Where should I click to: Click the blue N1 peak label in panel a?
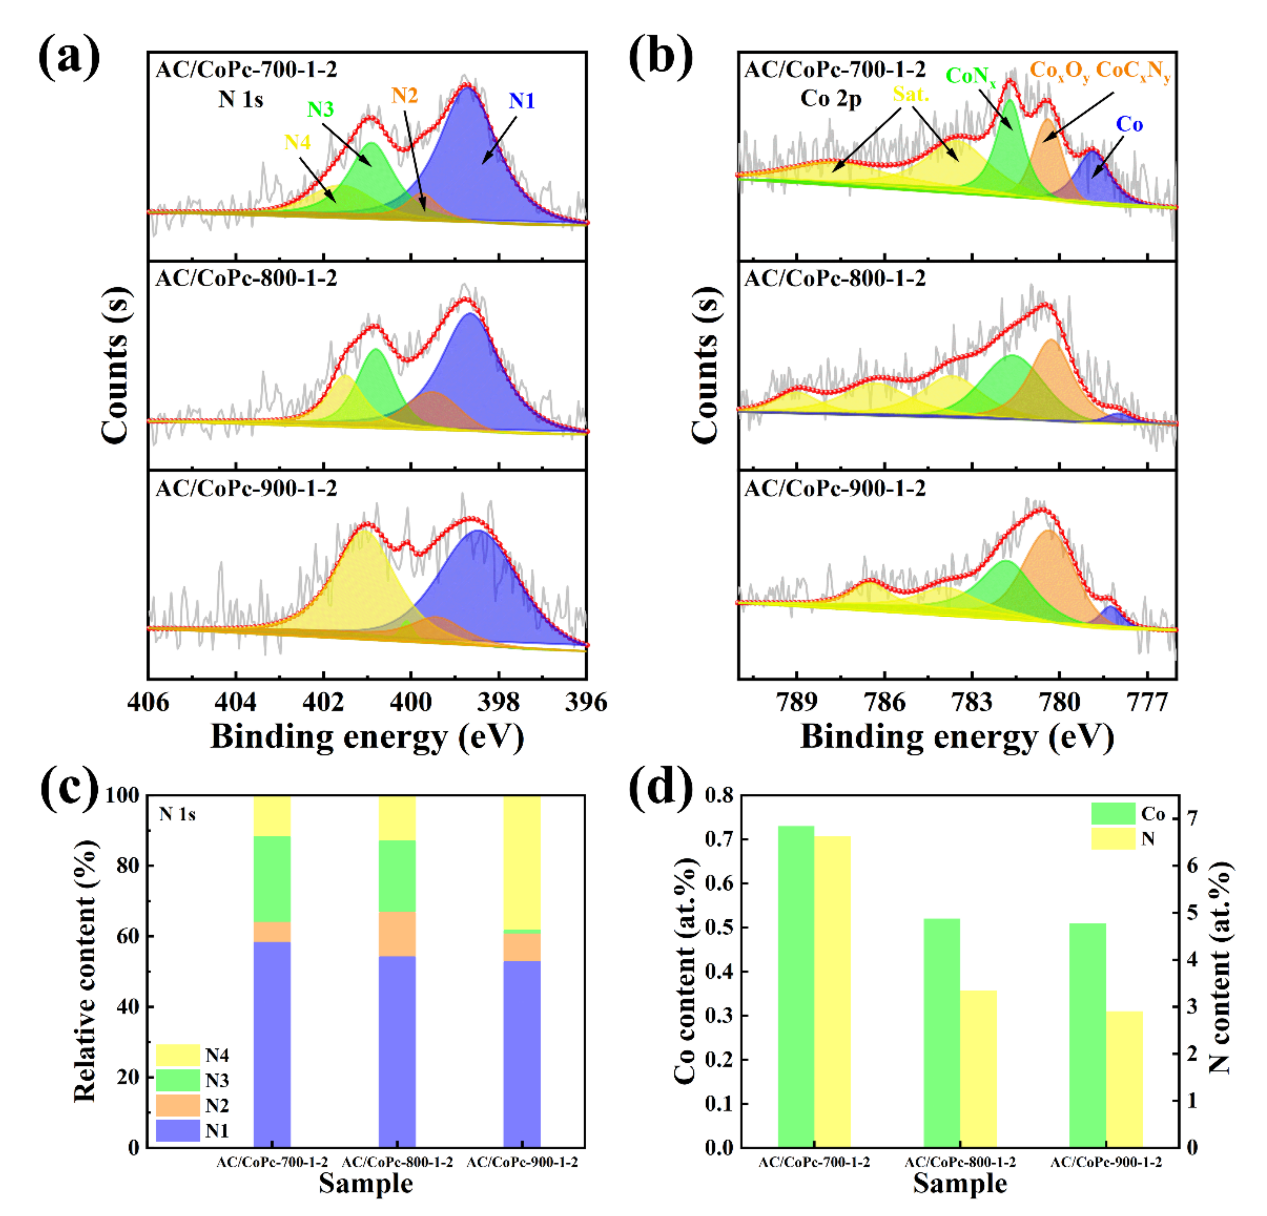pos(521,101)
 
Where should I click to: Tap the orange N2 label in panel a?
pos(404,96)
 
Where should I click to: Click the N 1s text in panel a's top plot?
pos(240,99)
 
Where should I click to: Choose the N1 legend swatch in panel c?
pos(178,1130)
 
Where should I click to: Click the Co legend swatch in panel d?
pos(1113,813)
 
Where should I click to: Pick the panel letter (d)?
pos(661,787)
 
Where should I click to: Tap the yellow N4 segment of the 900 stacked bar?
pos(522,863)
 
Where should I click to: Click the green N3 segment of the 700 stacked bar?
pos(272,879)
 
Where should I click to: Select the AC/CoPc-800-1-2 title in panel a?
pos(246,278)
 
